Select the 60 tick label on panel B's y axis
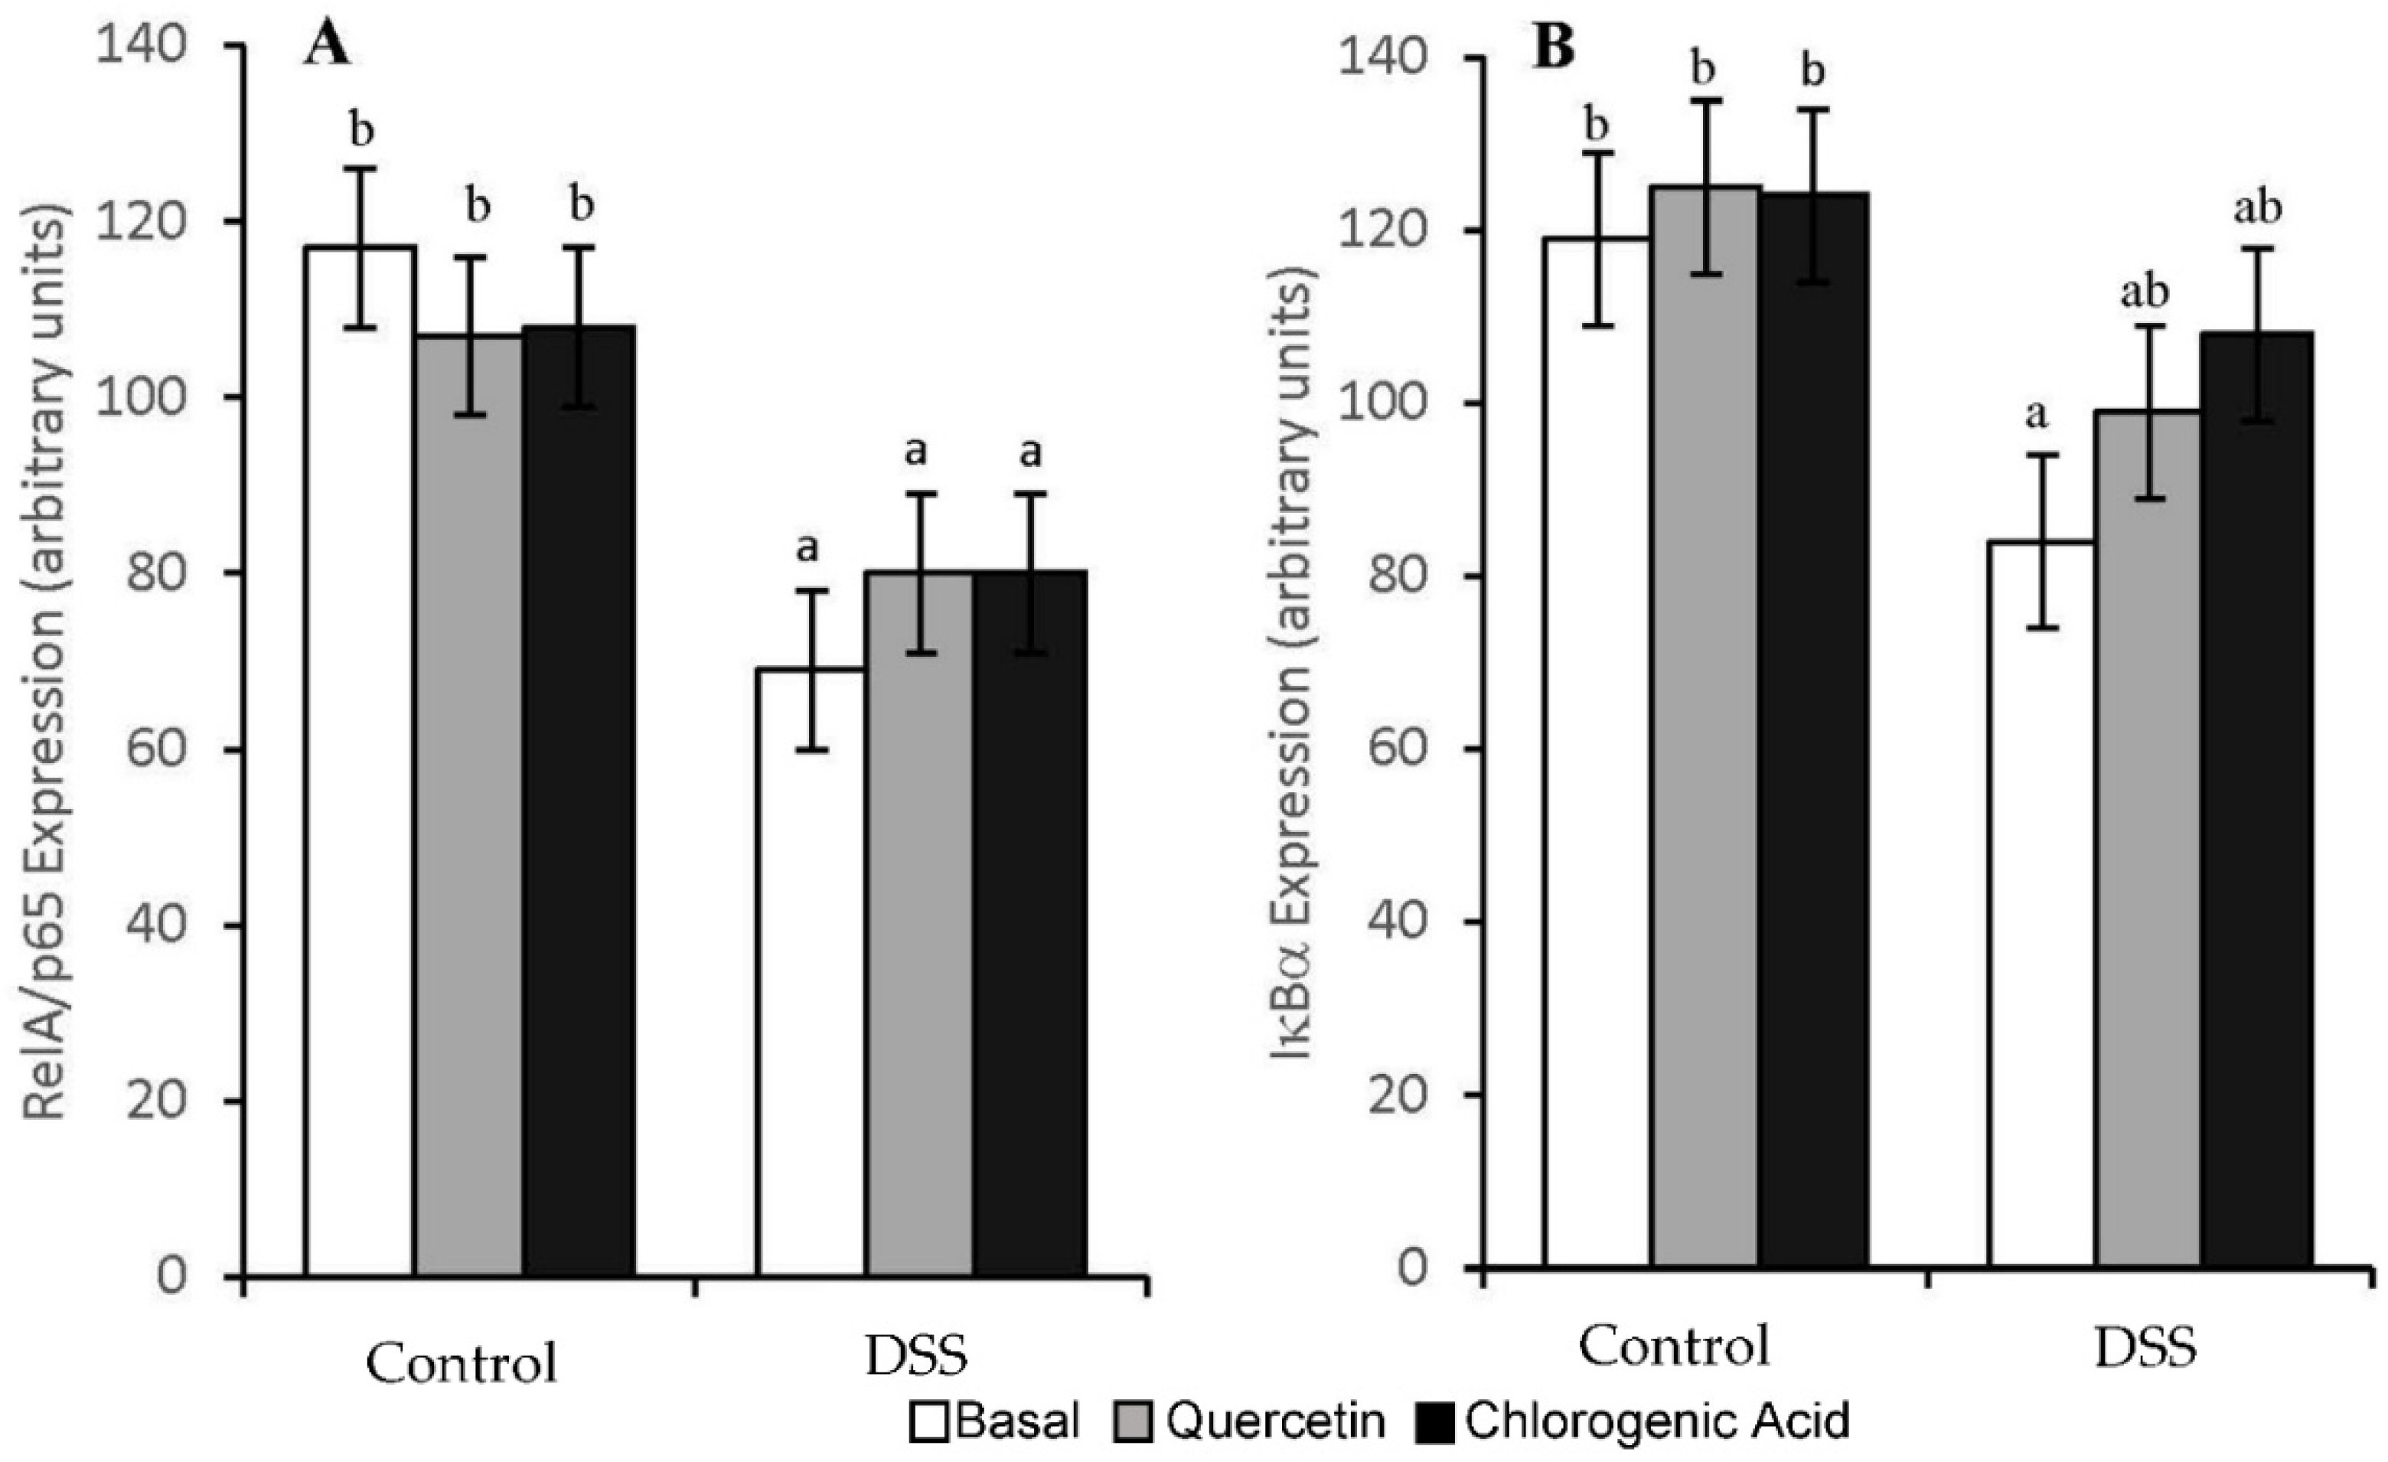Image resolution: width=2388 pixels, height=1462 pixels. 1395,749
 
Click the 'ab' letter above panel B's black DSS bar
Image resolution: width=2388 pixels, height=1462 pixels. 2256,207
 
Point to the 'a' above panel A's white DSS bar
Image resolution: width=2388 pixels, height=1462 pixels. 807,550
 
